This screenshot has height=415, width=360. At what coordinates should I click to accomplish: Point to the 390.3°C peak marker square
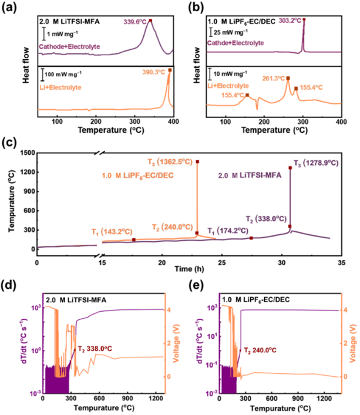(x=170, y=70)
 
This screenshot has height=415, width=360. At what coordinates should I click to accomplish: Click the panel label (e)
(x=191, y=286)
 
